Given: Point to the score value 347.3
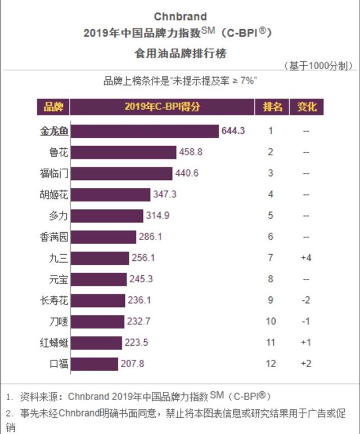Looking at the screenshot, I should tap(165, 195).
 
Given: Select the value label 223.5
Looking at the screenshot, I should tap(136, 342).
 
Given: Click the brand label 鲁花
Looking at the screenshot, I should tap(58, 152).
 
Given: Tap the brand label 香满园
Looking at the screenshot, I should tap(55, 237).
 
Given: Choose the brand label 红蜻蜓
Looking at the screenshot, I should tap(55, 342).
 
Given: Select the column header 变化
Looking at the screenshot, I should tap(307, 107).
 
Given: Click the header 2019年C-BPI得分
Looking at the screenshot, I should tap(162, 107).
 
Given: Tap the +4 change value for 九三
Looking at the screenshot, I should tap(306, 258).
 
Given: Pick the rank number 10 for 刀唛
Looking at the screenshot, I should tap(271, 322).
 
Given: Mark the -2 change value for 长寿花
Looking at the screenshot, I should tap(306, 300).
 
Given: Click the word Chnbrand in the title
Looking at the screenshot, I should tap(180, 16).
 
